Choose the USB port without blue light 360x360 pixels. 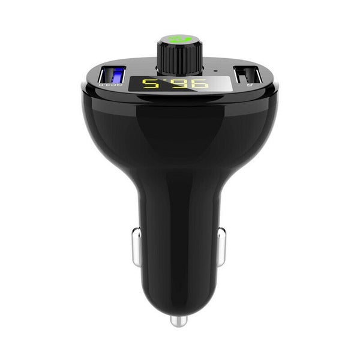tap(248, 76)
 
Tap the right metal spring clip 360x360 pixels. tap(221, 246)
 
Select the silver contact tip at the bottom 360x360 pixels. tap(178, 321)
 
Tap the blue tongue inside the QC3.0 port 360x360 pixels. tap(118, 77)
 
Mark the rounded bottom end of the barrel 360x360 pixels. tap(178, 303)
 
